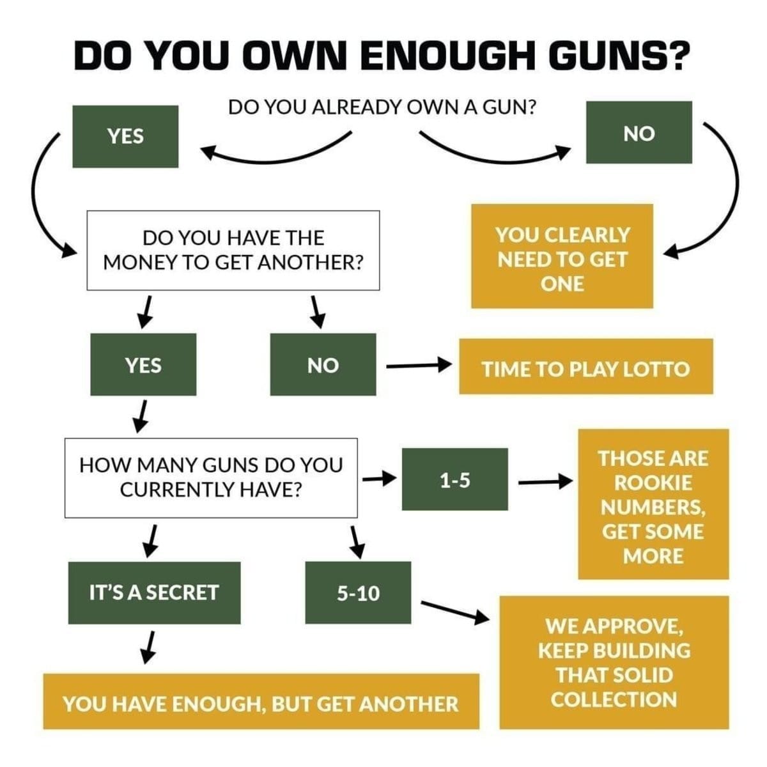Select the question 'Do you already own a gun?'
[x=382, y=107]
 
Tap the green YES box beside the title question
[x=125, y=136]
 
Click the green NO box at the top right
[x=639, y=132]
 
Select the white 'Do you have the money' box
[x=233, y=251]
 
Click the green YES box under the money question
[x=143, y=364]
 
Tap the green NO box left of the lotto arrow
[x=323, y=364]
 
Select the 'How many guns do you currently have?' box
[x=211, y=477]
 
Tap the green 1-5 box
[x=454, y=479]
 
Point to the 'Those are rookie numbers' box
[x=653, y=504]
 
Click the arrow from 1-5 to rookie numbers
[x=544, y=481]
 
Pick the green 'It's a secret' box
[x=154, y=593]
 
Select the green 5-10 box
[x=358, y=593]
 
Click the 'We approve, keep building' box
[x=614, y=662]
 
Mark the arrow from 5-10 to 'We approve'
[x=454, y=611]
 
